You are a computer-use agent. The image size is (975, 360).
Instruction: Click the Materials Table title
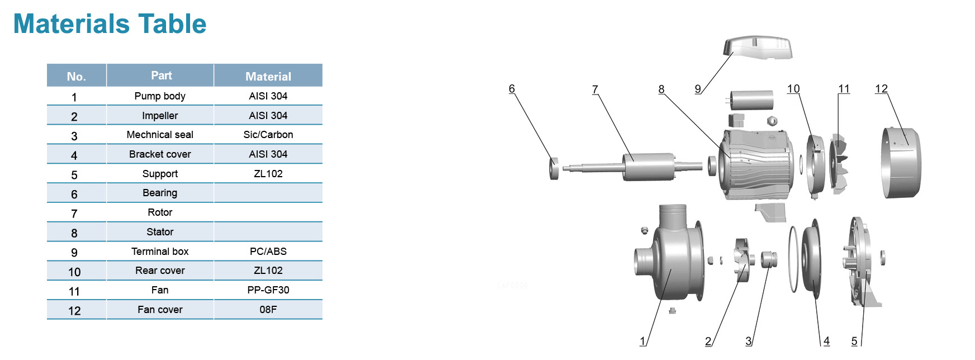tap(110, 24)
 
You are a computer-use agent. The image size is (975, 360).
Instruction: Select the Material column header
tap(268, 76)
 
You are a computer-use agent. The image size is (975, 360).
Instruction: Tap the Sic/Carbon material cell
tap(268, 135)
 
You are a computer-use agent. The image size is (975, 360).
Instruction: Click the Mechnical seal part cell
tap(160, 135)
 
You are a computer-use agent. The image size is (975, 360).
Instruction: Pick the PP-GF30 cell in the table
tap(268, 290)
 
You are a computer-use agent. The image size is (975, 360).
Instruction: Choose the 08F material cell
tap(268, 310)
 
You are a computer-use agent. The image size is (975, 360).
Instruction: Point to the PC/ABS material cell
tap(268, 252)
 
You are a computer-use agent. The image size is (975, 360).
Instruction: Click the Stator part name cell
tap(160, 232)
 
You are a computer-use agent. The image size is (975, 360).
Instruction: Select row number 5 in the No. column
tap(74, 175)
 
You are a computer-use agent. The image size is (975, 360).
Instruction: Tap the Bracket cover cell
tap(160, 154)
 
